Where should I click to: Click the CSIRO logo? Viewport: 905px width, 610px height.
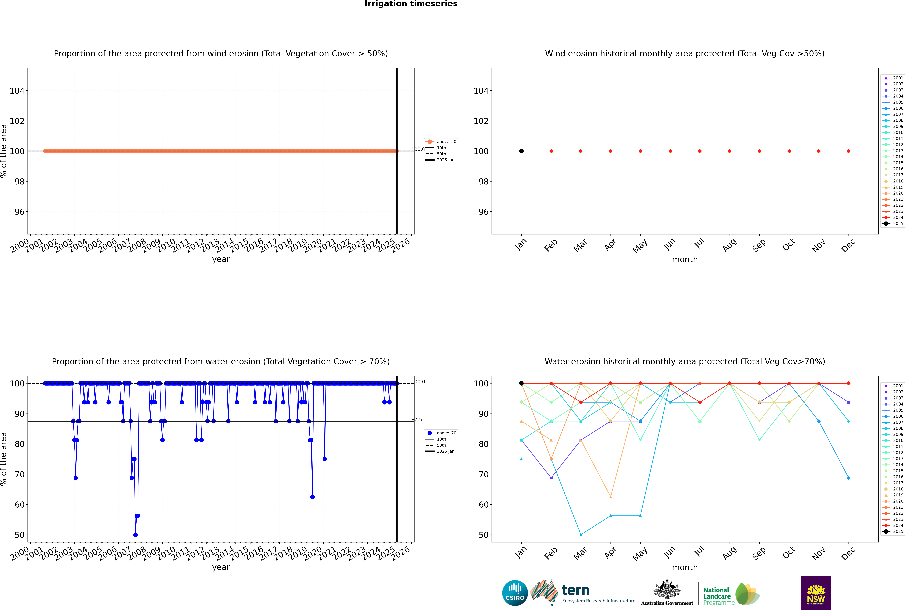point(515,593)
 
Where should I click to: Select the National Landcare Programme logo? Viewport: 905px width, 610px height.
point(731,594)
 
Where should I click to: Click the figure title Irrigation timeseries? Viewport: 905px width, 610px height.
point(411,4)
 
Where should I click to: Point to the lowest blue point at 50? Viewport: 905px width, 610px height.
point(135,534)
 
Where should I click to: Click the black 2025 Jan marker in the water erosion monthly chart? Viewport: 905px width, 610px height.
point(521,383)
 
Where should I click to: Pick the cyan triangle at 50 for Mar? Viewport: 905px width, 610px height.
point(581,534)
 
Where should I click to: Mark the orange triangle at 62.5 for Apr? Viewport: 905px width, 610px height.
point(611,497)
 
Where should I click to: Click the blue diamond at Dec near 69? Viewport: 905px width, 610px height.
point(849,478)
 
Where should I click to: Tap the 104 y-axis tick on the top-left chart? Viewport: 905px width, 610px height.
point(17,91)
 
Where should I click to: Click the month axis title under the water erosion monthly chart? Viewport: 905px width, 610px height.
point(685,567)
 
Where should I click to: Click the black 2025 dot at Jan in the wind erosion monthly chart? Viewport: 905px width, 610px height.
point(521,151)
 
